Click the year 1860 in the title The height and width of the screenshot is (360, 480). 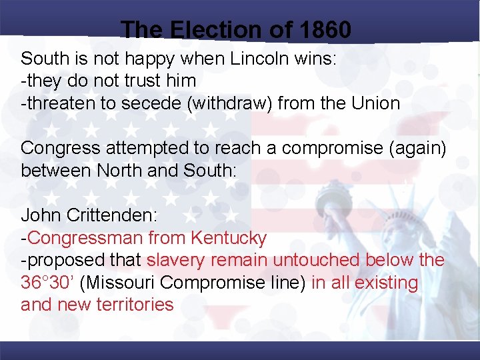(325, 30)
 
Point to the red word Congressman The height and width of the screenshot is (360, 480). (85, 238)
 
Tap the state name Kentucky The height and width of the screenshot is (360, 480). (229, 238)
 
